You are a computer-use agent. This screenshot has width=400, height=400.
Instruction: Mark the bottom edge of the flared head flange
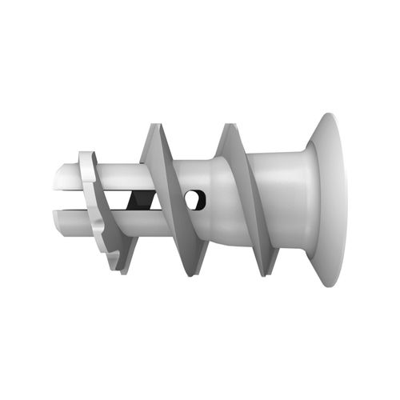click(x=328, y=285)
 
